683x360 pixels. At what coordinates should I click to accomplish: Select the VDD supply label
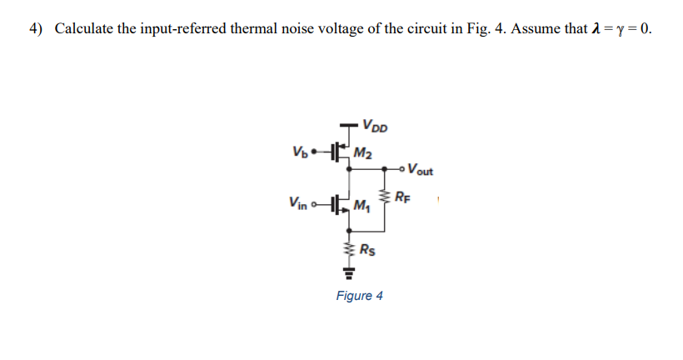point(374,127)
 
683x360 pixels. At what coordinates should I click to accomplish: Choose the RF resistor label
point(402,197)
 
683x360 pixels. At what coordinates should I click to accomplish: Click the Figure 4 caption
point(359,296)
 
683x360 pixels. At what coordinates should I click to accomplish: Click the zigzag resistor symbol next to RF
point(385,197)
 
